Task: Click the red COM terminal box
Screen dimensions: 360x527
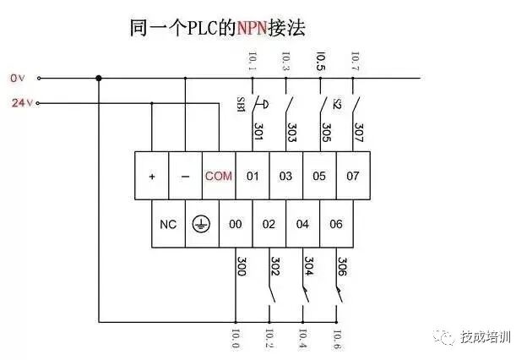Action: pos(219,176)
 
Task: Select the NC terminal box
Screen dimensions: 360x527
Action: pos(168,224)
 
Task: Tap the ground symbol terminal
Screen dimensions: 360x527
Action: pos(201,224)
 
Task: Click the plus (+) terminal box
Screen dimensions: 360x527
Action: pos(152,176)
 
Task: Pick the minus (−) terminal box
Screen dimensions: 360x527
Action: pos(185,176)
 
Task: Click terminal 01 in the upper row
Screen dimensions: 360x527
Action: pos(253,176)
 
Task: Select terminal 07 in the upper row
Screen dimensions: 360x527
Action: pos(354,176)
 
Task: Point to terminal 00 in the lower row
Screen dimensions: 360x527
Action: pos(236,224)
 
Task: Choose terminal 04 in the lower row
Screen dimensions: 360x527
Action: pos(302,224)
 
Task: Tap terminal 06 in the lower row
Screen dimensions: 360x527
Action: pos(336,224)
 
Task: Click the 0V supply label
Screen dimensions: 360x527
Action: pos(18,78)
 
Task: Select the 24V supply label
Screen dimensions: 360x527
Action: pos(19,104)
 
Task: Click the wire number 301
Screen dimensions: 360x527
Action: pos(258,132)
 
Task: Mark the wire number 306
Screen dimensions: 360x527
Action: pos(342,268)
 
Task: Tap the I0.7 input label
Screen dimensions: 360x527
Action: pos(354,61)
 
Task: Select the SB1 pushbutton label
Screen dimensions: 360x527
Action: pos(240,105)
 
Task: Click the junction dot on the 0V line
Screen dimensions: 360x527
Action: pos(99,79)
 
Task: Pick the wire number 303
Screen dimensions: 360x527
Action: pos(292,132)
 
